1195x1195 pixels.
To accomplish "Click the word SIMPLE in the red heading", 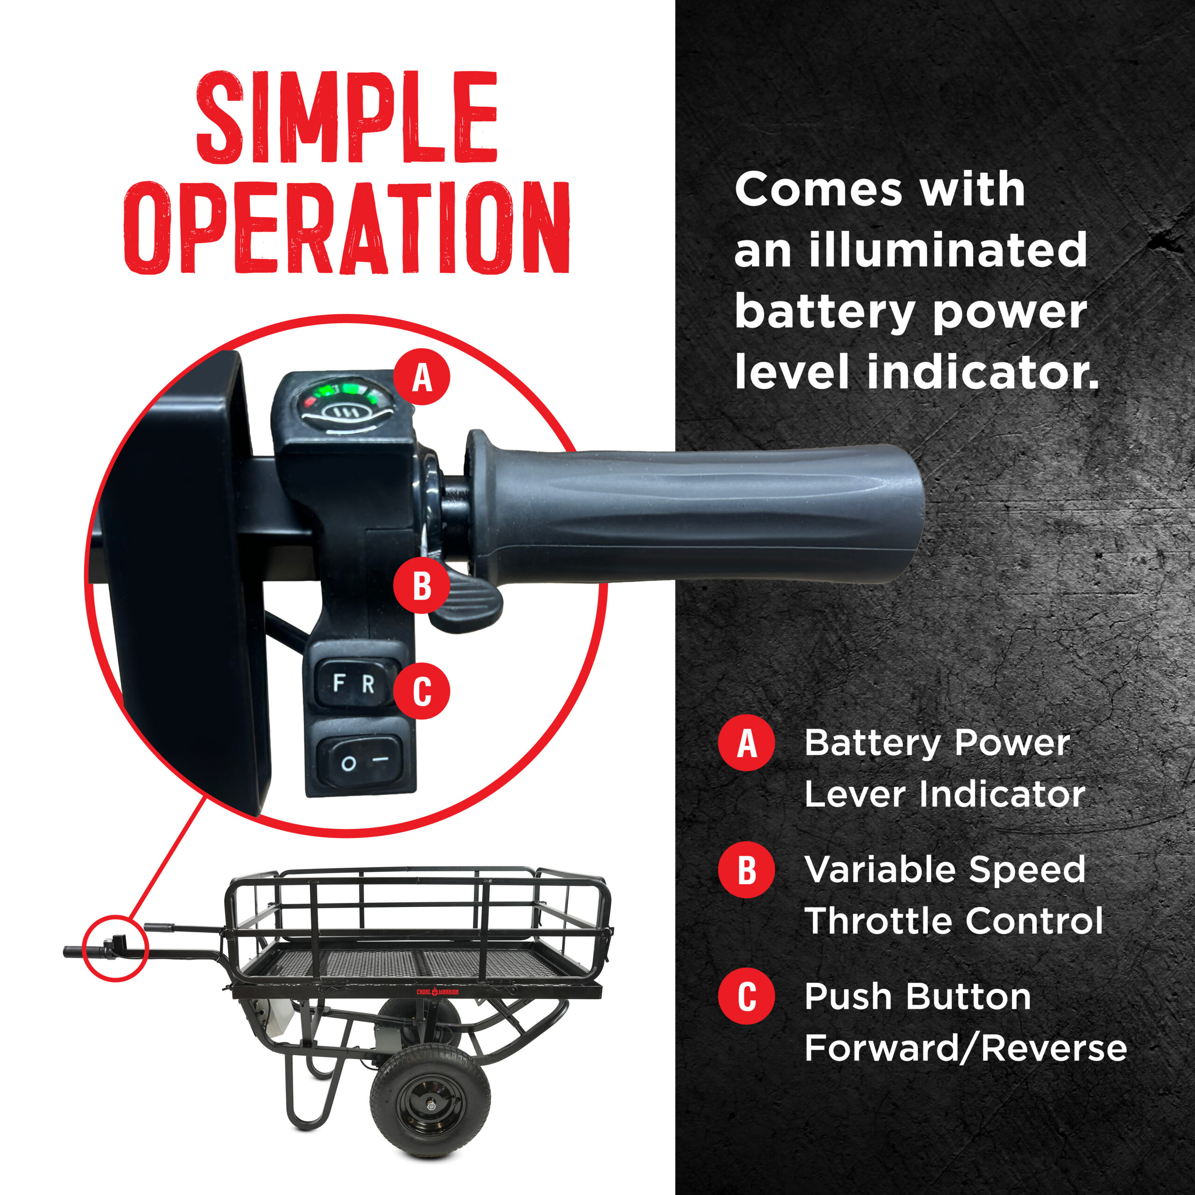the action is pos(346,118).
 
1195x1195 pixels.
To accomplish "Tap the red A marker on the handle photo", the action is pos(422,377).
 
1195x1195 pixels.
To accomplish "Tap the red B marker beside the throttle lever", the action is pos(422,585).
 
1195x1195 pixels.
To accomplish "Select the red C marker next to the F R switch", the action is pos(422,691).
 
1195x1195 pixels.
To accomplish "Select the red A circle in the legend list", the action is pos(746,743).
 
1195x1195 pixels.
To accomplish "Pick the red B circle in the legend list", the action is pos(746,870).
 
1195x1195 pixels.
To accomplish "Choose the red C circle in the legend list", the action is pos(746,997).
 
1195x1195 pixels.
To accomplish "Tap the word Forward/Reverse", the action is pos(965,1048).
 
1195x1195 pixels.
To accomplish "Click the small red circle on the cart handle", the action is pos(115,948).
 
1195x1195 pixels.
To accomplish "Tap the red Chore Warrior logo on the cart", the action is pos(436,992).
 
